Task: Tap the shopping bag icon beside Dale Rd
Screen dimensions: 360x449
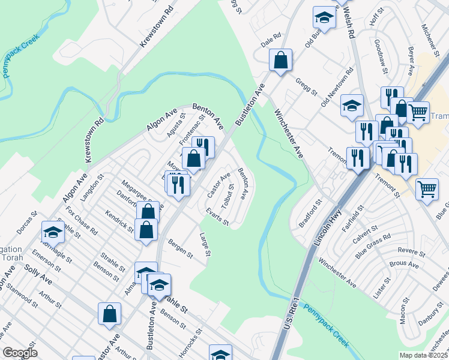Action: (x=280, y=60)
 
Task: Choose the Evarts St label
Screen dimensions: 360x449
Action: (x=217, y=217)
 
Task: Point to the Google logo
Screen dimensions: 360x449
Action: (x=20, y=353)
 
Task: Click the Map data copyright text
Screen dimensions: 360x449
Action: (x=424, y=355)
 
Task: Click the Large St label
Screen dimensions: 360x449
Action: (x=205, y=246)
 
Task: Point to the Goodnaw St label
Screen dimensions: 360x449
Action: (x=381, y=54)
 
